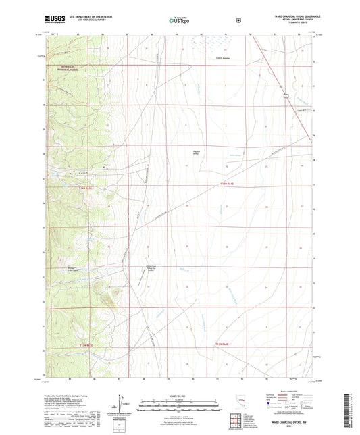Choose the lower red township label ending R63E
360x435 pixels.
point(80,346)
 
